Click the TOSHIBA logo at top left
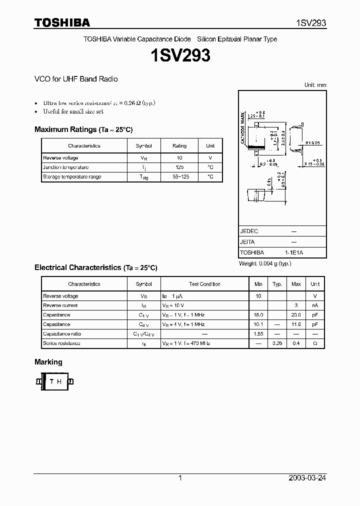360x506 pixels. [62, 22]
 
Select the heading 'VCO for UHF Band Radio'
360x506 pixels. [76, 79]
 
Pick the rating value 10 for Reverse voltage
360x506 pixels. [179, 158]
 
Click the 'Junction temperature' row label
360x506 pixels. [65, 167]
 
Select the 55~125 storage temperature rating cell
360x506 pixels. [179, 177]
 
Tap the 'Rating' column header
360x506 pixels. [179, 146]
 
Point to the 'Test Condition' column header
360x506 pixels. [204, 284]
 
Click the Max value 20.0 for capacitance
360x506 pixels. [296, 315]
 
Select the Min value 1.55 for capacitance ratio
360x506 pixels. [258, 333]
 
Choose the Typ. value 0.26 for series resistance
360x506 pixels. [277, 343]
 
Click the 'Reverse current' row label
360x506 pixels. [60, 305]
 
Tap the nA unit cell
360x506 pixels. [315, 305]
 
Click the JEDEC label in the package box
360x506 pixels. [249, 231]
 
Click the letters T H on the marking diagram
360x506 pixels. [55, 381]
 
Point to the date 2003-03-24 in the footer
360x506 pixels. [307, 478]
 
